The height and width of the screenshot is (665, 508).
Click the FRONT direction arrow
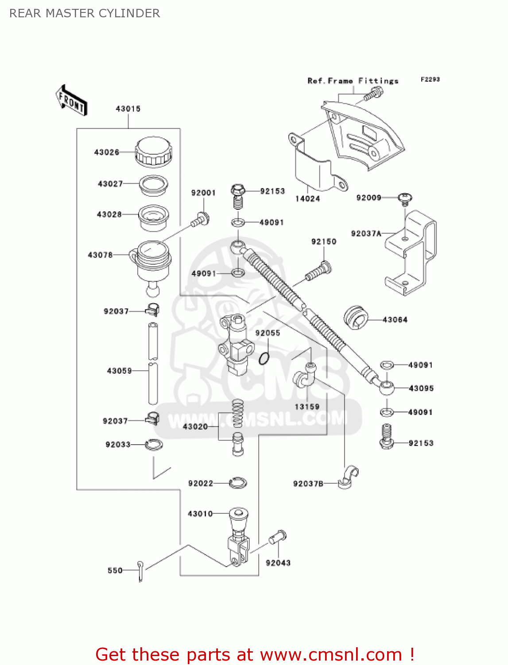(71, 101)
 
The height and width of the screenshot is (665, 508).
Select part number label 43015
(128, 109)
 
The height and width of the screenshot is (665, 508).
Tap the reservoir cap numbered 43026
(153, 152)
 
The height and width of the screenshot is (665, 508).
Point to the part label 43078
(100, 255)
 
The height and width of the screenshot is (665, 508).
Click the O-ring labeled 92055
(264, 358)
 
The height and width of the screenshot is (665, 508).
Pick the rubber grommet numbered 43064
(356, 317)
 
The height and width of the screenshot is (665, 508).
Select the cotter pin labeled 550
(140, 571)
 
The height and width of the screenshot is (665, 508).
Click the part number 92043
(278, 563)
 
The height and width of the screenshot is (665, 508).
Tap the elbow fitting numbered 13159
(305, 377)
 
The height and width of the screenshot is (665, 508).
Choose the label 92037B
(308, 484)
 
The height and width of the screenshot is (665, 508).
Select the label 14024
(308, 199)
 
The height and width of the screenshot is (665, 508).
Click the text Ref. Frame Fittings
(353, 81)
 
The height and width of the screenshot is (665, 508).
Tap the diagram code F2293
(430, 79)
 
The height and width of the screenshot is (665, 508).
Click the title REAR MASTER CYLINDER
(85, 13)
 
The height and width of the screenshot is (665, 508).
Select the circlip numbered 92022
(238, 483)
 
